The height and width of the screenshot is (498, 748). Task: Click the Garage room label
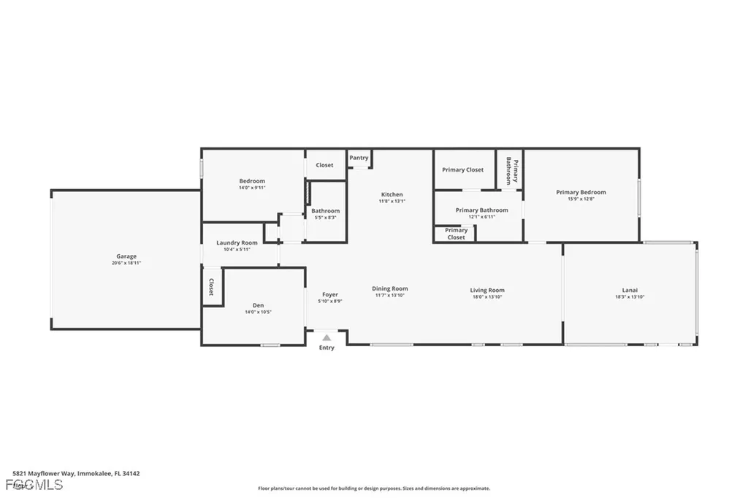pos(126,256)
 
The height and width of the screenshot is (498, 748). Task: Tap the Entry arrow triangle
pos(327,337)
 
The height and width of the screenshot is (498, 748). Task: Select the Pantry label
pos(359,158)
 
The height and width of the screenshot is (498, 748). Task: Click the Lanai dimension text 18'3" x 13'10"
pos(629,296)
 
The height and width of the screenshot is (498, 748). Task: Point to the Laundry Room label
pos(237,242)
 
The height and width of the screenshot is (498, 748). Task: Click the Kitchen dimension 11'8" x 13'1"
pos(392,201)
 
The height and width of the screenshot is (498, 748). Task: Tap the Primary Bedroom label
pos(581,192)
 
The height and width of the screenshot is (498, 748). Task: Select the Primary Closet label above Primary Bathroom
pos(463,169)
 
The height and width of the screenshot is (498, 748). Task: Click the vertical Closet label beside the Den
pos(212,286)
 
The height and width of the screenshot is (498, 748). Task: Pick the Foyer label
pos(329,294)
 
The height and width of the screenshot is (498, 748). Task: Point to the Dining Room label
pos(389,288)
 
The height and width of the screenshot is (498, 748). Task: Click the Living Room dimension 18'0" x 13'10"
pos(487,296)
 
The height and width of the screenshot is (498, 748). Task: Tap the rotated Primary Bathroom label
pos(510,170)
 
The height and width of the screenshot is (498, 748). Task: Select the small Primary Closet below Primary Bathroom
pos(456,234)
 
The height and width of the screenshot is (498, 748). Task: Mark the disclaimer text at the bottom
pos(373,489)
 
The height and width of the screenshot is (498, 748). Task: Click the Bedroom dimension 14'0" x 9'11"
pos(252,187)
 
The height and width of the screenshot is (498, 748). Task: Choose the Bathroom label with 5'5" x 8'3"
pos(325,211)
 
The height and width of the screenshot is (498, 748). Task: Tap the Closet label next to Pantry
pos(324,165)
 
